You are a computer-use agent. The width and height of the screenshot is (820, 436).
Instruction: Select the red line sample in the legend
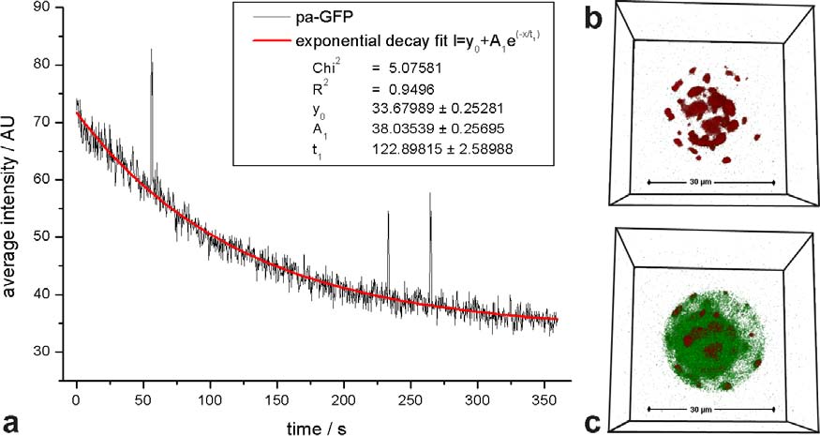(x=272, y=41)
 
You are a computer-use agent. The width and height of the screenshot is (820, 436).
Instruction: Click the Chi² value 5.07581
(x=414, y=68)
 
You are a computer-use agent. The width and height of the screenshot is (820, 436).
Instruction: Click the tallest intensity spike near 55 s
(x=151, y=52)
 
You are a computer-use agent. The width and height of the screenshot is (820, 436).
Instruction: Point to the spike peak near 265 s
(x=430, y=195)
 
